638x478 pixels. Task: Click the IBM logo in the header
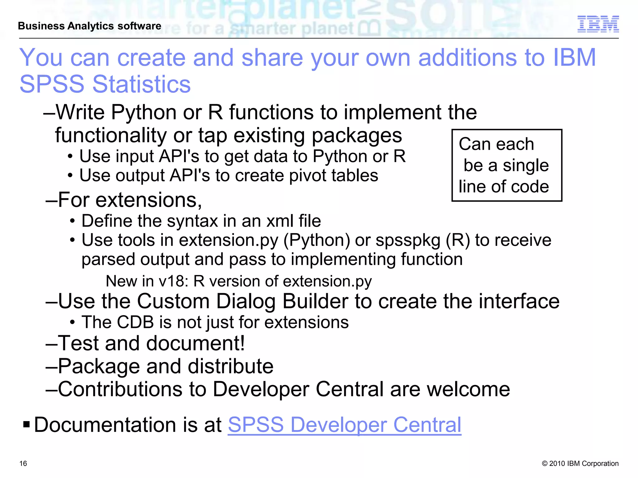point(598,24)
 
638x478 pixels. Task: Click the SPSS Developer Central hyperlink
point(344,425)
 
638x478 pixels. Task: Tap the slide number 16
point(23,463)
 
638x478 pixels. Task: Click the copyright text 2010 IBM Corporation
point(580,463)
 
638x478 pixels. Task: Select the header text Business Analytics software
point(89,26)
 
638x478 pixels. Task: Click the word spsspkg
point(408,240)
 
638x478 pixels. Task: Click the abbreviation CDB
point(135,322)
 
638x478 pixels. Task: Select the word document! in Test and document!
point(195,344)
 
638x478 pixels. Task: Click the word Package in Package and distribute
point(99,366)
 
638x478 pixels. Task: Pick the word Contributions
point(132,389)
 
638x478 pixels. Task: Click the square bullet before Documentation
point(26,424)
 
